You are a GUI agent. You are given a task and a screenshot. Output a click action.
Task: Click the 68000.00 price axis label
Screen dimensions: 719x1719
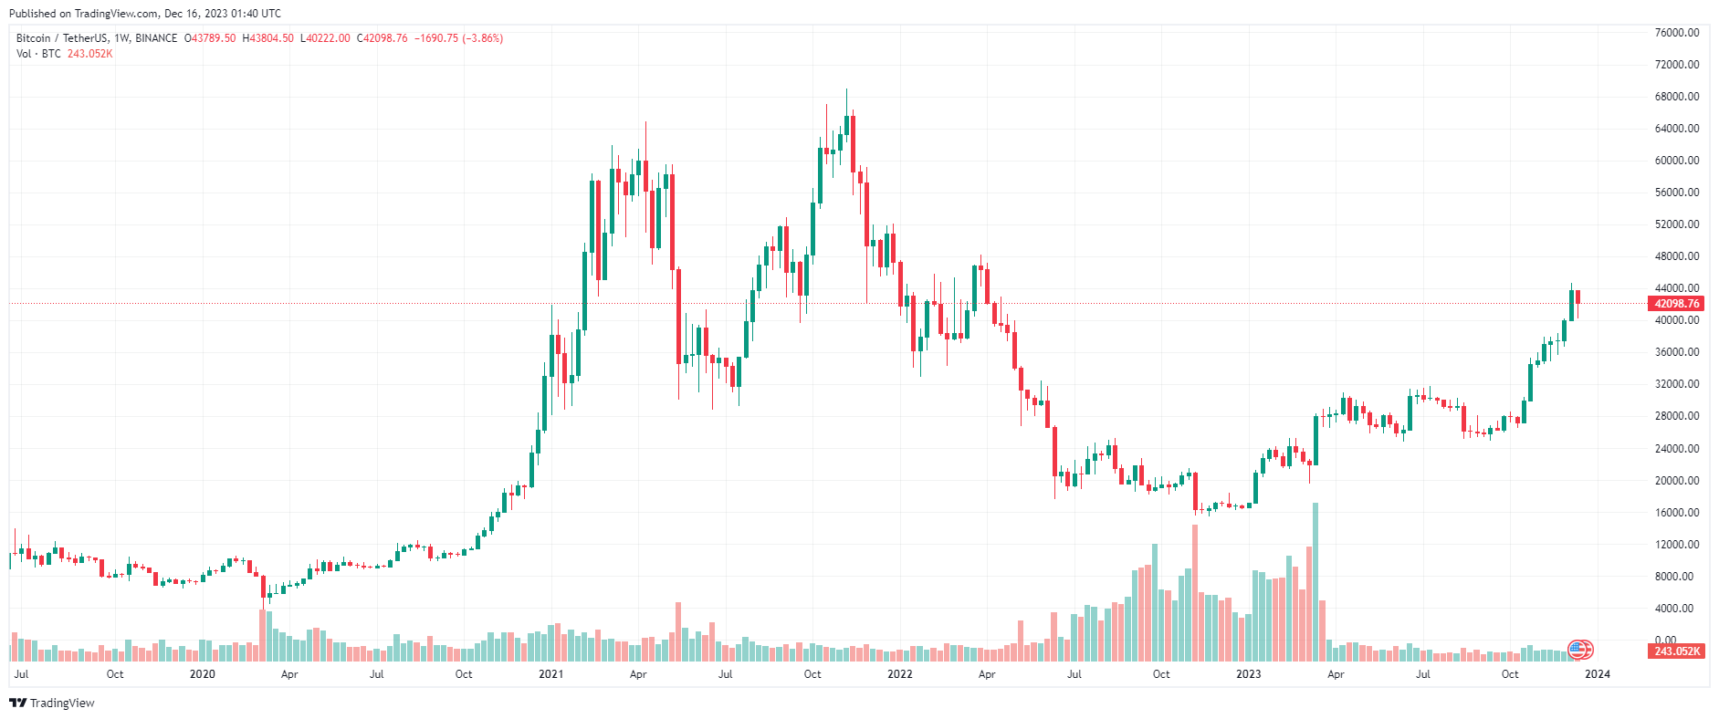1677,97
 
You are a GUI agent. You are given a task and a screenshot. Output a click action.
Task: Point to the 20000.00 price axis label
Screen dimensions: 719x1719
1677,481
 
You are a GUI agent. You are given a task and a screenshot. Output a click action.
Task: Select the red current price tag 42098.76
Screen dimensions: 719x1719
1676,304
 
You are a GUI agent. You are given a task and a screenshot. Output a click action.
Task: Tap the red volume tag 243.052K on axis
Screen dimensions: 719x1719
1677,651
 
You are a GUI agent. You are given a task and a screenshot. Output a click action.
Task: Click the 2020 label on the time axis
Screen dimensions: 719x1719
202,674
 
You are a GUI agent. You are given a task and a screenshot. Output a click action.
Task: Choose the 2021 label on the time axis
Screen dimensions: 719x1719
550,674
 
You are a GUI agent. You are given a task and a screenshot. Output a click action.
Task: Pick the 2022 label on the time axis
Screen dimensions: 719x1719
899,674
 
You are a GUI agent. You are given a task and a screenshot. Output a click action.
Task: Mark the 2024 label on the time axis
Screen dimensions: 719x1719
1597,674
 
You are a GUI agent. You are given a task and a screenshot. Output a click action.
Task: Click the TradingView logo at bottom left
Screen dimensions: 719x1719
52,703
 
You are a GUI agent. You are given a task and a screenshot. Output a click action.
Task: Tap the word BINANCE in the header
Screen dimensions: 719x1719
156,38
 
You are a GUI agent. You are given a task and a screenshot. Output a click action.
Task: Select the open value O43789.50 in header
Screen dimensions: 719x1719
210,38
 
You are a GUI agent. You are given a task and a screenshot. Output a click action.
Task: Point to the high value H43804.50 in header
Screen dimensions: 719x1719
267,38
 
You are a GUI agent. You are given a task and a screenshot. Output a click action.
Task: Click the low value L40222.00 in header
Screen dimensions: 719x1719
325,38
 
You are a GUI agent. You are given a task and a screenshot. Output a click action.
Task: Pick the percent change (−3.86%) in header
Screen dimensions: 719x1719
483,38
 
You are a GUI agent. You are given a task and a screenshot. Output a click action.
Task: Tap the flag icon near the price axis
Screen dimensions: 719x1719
1579,650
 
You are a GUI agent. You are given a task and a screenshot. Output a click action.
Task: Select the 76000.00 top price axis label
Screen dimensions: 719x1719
1677,33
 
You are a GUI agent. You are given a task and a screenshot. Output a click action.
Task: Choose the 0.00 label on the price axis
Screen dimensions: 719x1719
1665,641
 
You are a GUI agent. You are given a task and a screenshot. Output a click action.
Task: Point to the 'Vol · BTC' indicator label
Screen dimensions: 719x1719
38,54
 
